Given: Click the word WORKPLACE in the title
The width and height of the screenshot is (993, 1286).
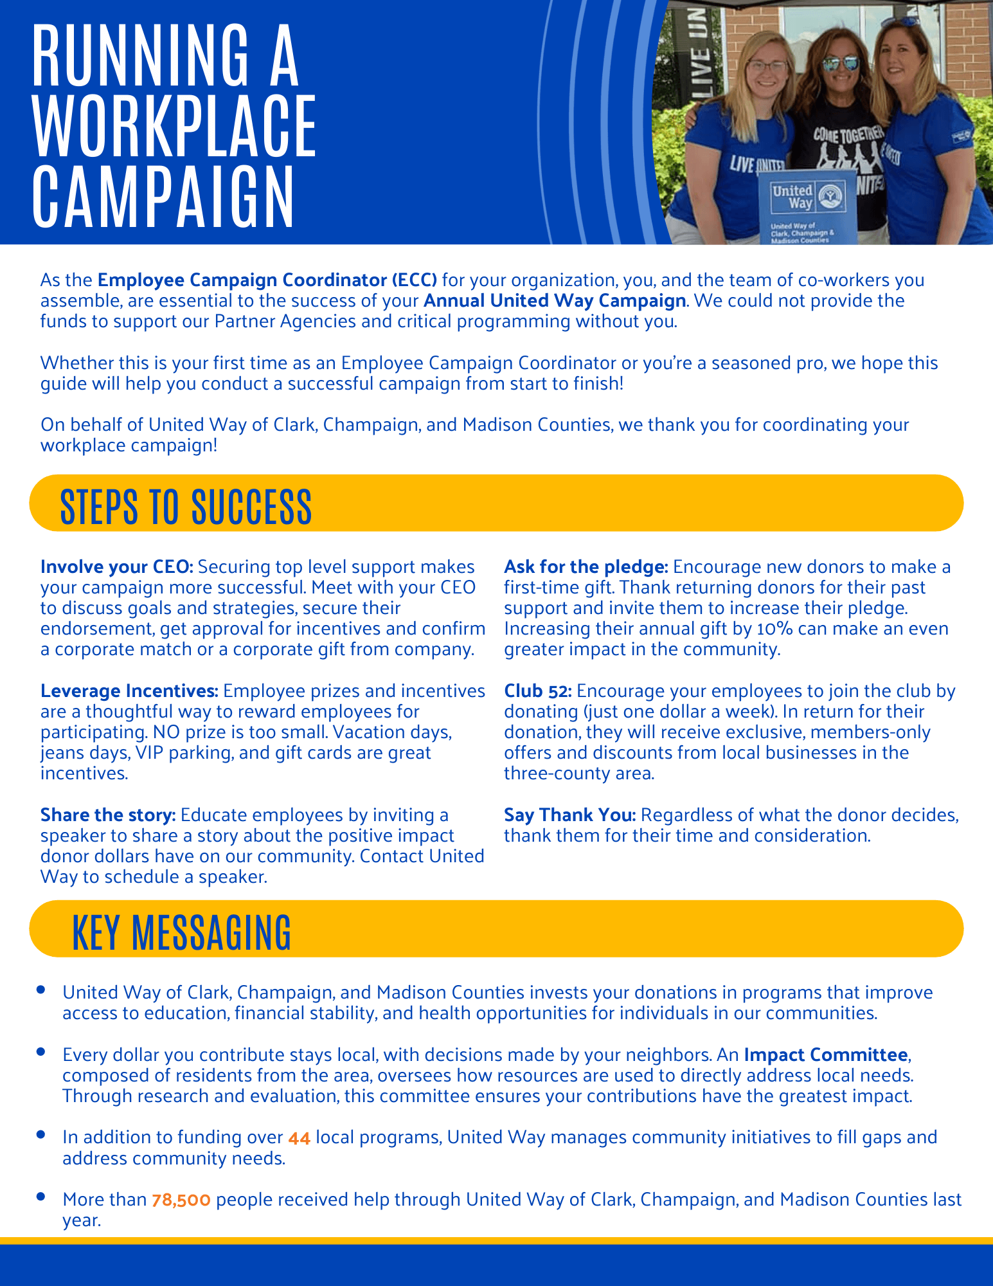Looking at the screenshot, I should pos(175,126).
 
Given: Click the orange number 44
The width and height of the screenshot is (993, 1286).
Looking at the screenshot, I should pos(300,1138).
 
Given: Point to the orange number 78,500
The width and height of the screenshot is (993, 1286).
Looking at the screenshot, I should pos(181,1200).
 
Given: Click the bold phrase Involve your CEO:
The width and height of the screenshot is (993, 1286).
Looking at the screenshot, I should pos(116,566).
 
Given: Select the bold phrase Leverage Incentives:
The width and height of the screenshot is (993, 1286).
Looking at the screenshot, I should pos(129,691).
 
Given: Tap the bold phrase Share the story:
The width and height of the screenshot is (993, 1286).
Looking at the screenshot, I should pos(108,815).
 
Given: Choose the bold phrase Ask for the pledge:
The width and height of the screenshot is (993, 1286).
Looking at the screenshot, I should pos(586,566).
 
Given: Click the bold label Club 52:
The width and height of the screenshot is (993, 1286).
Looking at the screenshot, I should pos(537,691).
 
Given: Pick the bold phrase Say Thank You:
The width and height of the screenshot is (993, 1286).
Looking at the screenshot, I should pos(570,815).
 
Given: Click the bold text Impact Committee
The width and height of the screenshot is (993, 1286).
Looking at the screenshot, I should pos(826,1055).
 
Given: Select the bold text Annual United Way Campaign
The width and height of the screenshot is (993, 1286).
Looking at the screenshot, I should pos(555,300).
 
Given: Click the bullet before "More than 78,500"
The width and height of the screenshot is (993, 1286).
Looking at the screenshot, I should pos(41,1197).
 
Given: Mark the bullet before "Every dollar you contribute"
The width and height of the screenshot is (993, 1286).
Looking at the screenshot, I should pos(41,1052).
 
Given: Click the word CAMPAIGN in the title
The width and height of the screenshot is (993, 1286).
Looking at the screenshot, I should pos(163,197).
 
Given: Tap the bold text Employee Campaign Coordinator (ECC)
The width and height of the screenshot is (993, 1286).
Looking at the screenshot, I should pos(267,280).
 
